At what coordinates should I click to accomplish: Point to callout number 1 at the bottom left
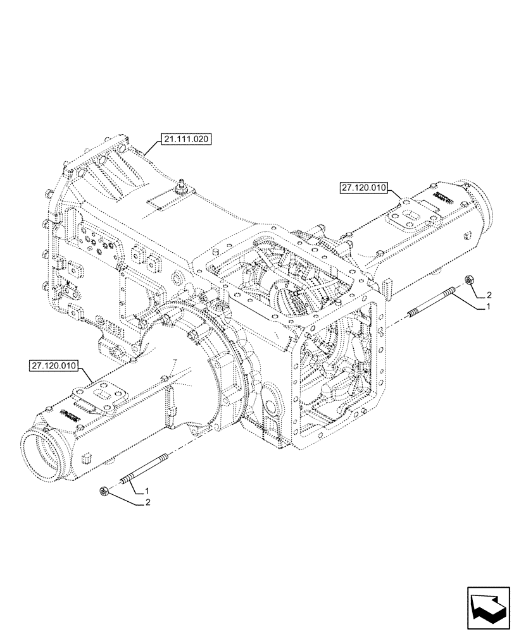point(147,491)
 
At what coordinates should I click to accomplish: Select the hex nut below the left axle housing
point(103,491)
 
